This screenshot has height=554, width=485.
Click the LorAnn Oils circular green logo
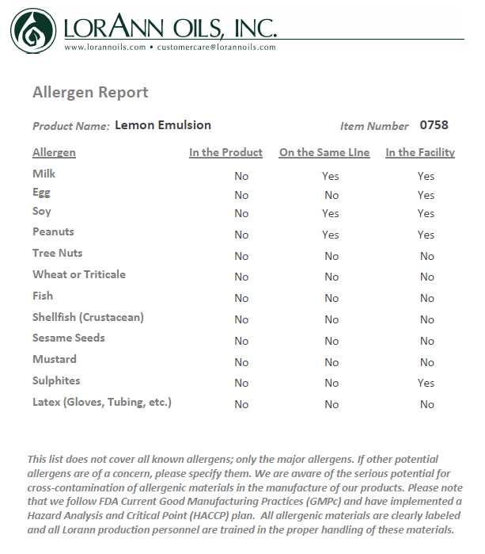(x=32, y=29)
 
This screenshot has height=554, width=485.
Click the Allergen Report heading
(x=90, y=93)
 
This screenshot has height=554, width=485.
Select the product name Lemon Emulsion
(x=163, y=125)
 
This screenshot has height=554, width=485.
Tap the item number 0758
(x=434, y=125)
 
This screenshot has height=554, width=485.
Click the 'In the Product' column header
(x=225, y=153)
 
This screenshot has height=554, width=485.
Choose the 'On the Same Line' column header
(x=324, y=153)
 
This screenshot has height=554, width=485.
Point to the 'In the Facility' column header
(x=420, y=153)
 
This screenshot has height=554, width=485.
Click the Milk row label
(x=44, y=174)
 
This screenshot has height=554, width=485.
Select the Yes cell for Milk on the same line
(x=331, y=176)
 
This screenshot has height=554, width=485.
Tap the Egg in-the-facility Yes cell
(x=426, y=195)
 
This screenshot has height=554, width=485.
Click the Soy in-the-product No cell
(x=241, y=213)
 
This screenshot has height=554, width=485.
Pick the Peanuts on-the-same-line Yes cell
(x=331, y=235)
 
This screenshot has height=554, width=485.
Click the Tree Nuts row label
(x=58, y=254)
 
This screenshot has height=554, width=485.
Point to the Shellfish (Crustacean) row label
(x=88, y=317)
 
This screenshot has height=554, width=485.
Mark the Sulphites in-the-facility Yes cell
(x=426, y=383)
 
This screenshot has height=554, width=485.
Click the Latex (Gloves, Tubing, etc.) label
(x=102, y=402)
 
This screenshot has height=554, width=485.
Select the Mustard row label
(x=55, y=359)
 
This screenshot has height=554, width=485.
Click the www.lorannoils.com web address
(x=105, y=48)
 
